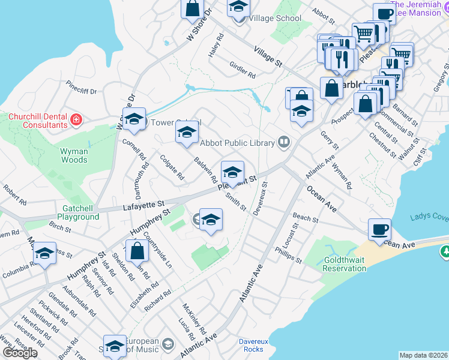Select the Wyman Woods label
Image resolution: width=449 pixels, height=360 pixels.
[74, 156]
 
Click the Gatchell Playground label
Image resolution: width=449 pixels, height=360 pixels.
[77, 212]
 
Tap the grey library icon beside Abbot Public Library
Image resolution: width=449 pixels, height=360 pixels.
[285, 142]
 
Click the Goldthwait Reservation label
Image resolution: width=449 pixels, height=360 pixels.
[336, 264]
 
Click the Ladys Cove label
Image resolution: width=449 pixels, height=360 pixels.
[429, 217]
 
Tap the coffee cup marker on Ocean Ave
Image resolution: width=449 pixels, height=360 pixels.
[379, 230]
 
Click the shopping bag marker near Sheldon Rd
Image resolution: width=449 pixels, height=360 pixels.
[137, 251]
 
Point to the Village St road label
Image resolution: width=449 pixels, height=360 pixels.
[268, 56]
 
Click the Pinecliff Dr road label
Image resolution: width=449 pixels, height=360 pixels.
[82, 88]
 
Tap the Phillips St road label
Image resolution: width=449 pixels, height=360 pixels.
[289, 255]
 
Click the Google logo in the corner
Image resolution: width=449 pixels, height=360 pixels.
[20, 352]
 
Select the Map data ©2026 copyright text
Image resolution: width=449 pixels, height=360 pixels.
[423, 355]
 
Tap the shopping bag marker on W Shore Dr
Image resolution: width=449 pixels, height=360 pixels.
[193, 9]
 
